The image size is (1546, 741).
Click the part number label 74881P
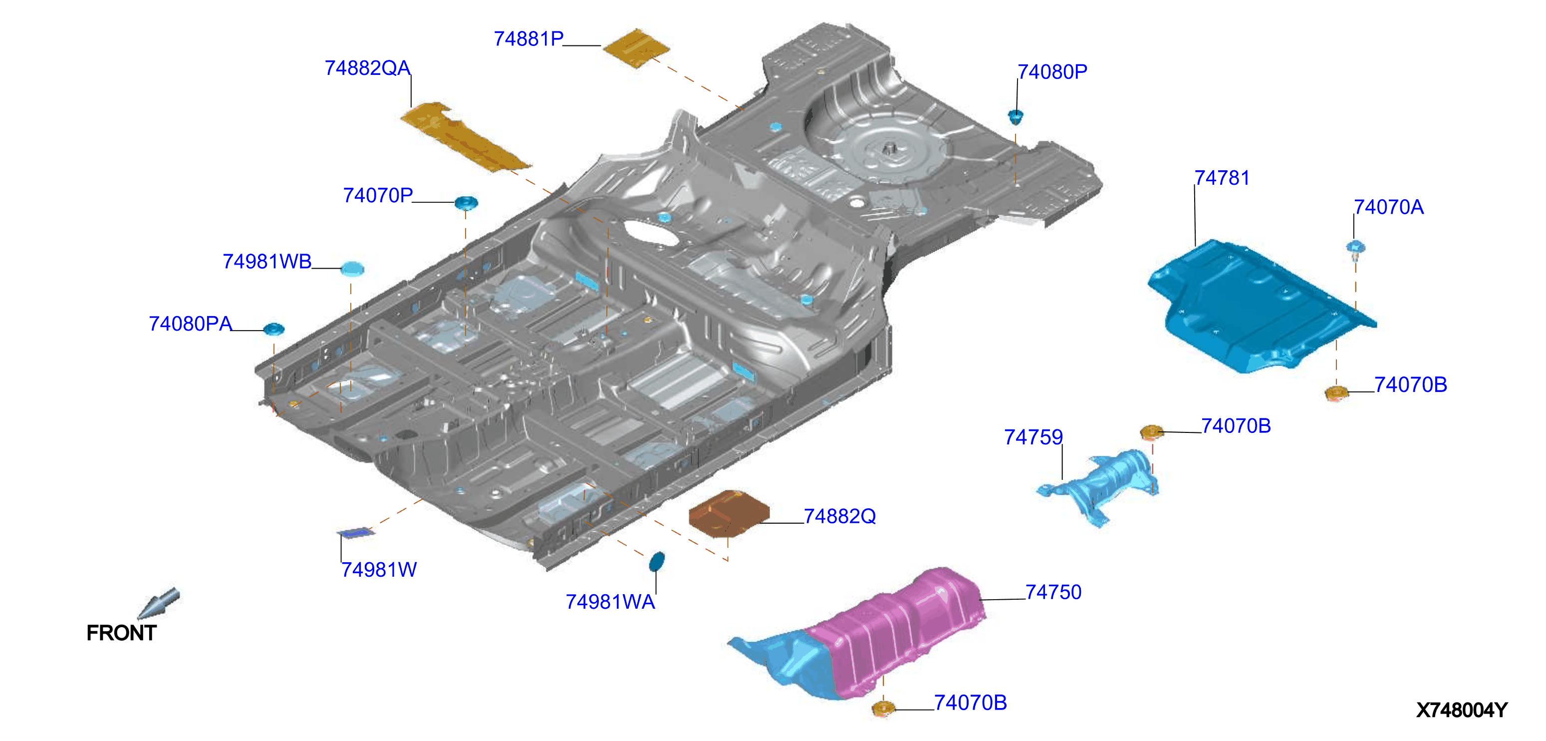pyautogui.click(x=528, y=39)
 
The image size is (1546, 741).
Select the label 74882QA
pyautogui.click(x=367, y=68)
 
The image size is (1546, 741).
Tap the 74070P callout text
pyautogui.click(x=377, y=195)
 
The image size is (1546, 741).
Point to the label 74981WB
pyautogui.click(x=267, y=261)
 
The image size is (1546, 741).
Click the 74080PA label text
pyautogui.click(x=190, y=324)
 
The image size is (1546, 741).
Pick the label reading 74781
pyautogui.click(x=1222, y=178)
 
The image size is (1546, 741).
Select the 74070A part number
pyautogui.click(x=1389, y=207)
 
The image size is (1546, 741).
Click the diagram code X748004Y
pyautogui.click(x=1461, y=711)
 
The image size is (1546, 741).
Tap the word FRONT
pyautogui.click(x=121, y=633)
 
